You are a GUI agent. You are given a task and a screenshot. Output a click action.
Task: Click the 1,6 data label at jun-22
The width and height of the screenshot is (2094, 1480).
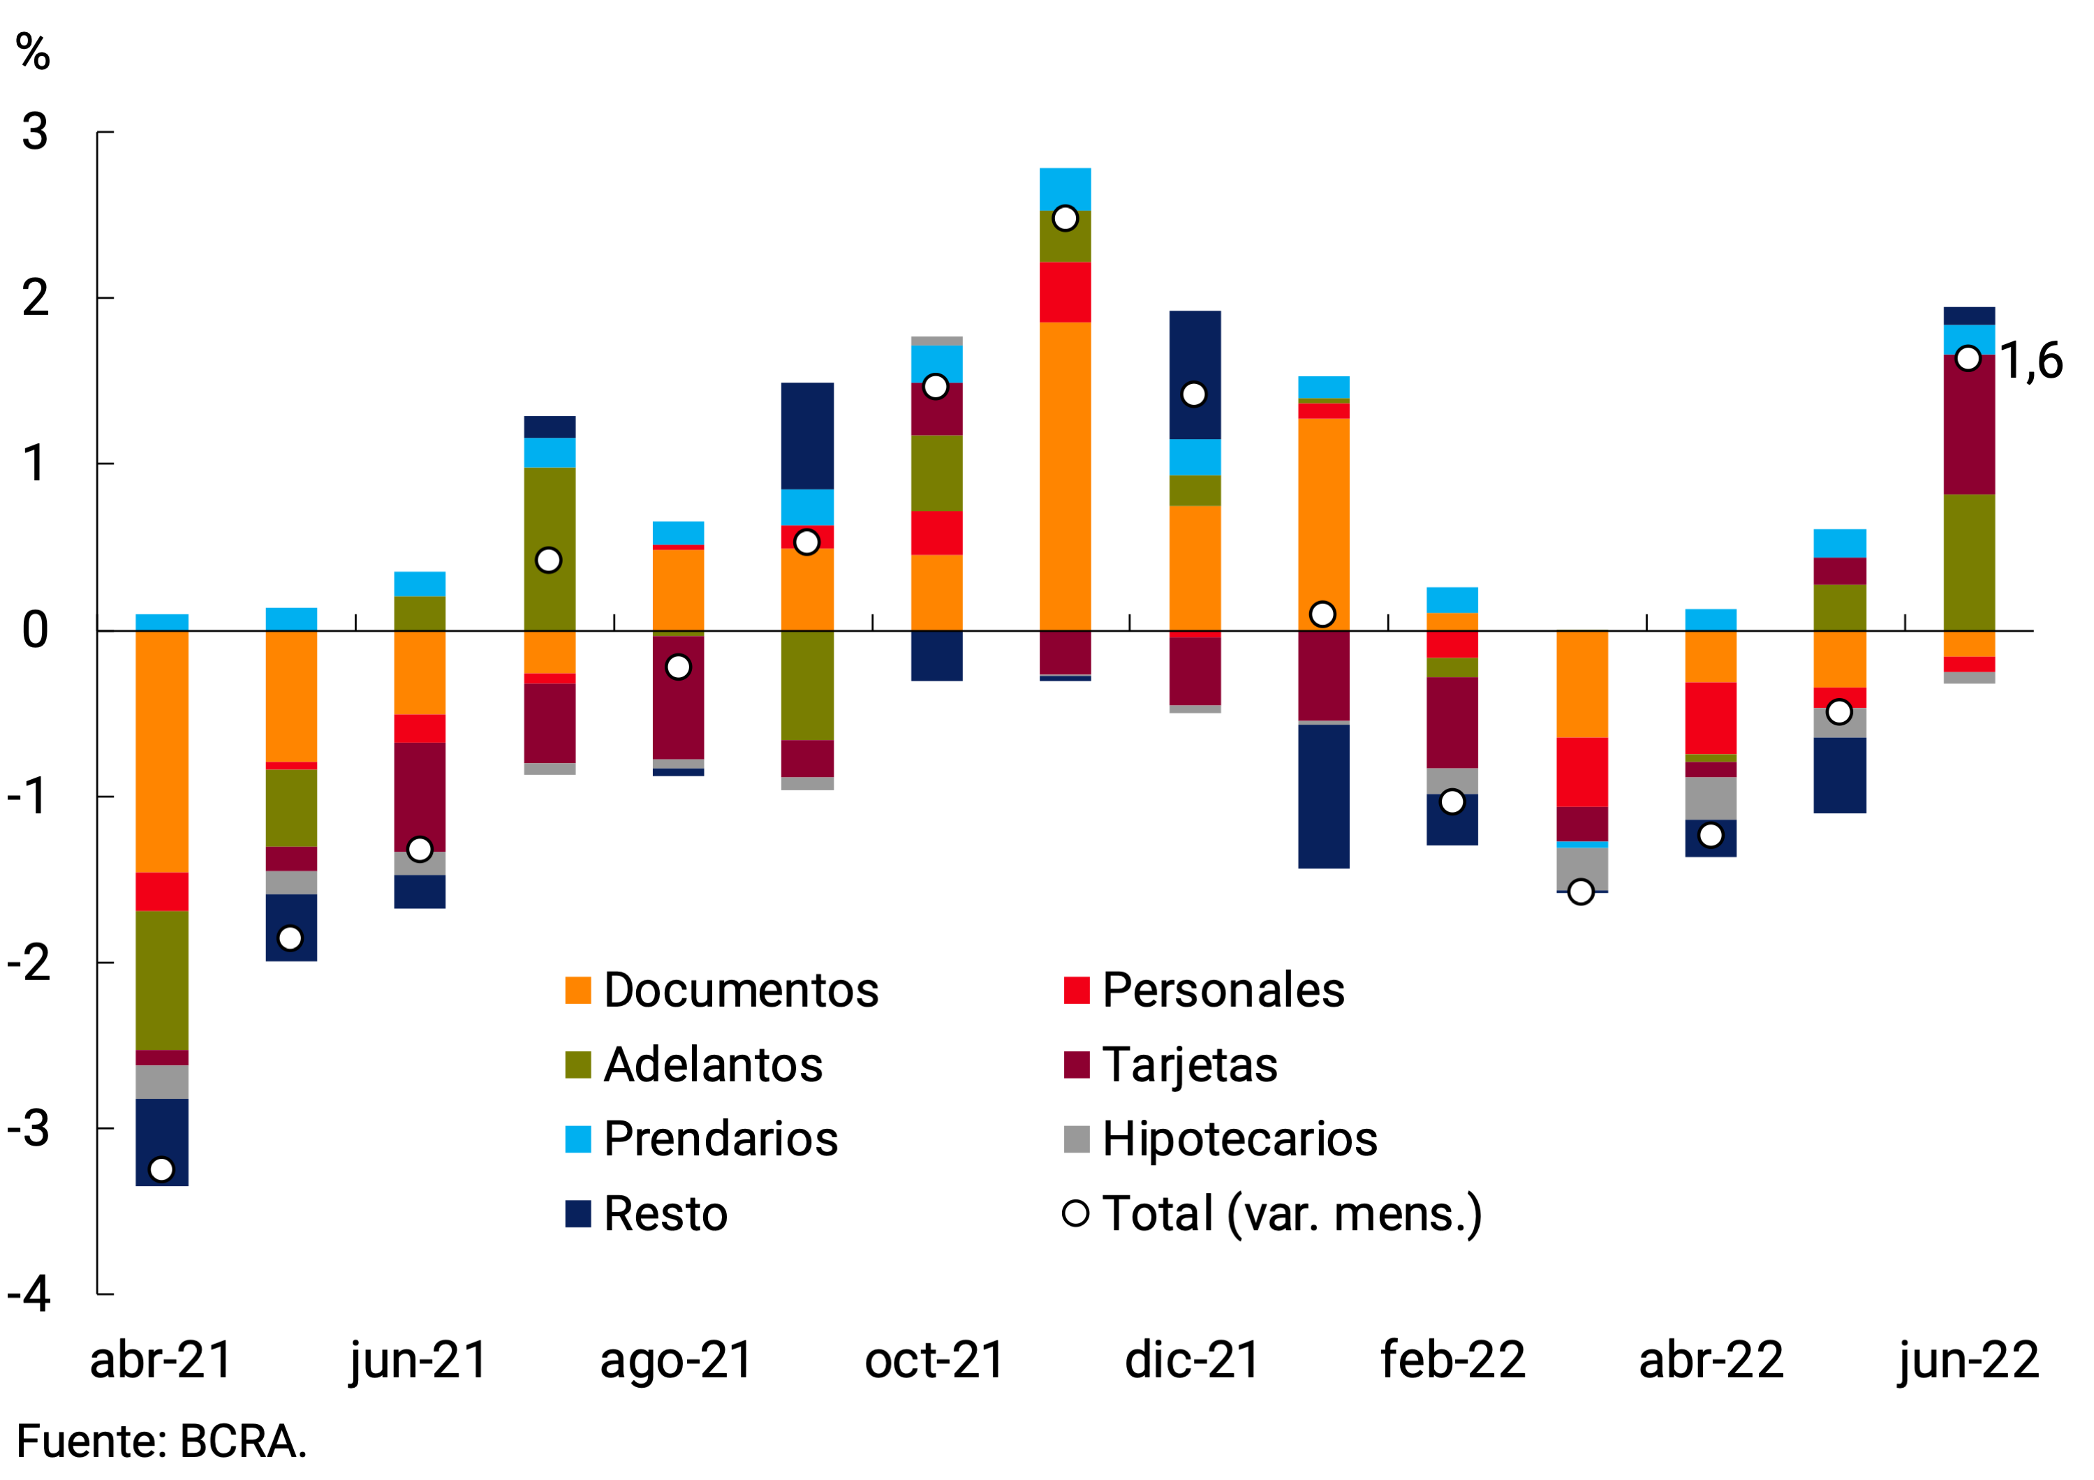[2030, 361]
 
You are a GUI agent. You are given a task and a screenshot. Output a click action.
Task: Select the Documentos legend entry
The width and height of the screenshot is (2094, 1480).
[721, 991]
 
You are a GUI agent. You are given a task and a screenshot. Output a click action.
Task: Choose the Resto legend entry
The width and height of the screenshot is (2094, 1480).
[647, 1214]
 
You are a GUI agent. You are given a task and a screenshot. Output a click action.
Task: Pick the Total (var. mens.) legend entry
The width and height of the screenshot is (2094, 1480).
[1272, 1214]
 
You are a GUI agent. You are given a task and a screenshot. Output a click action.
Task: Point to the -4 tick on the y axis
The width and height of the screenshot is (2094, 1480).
[29, 1294]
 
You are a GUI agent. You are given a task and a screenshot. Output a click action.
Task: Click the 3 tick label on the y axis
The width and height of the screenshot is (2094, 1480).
[35, 132]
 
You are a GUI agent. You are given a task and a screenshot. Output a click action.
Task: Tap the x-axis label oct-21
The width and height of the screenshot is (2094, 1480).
[935, 1360]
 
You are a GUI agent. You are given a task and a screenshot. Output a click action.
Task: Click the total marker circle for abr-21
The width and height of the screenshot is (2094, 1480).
[161, 1169]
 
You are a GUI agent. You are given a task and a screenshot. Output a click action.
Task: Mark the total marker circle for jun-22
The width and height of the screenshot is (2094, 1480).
[1968, 358]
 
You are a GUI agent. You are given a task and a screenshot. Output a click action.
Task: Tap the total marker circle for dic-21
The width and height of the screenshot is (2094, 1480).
[1194, 395]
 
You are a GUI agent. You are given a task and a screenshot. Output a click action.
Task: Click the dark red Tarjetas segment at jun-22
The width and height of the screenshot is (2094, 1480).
[1969, 426]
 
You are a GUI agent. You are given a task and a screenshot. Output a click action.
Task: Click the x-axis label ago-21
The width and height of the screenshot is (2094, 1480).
[676, 1360]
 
